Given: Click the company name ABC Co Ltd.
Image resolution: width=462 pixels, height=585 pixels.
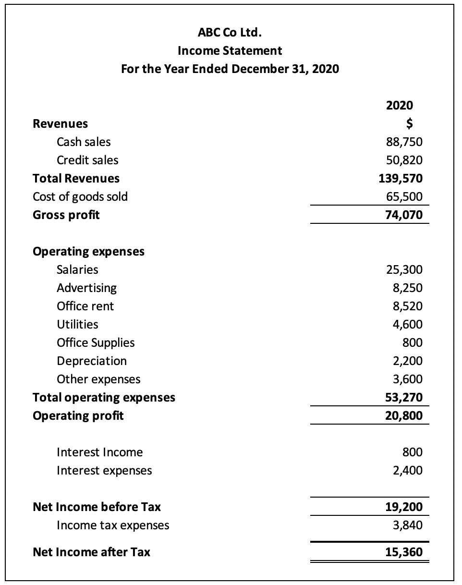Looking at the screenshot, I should tap(230, 33).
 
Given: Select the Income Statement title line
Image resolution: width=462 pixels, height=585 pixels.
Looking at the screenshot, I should tap(230, 50).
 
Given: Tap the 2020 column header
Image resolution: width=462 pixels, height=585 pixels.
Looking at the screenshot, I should tap(399, 105).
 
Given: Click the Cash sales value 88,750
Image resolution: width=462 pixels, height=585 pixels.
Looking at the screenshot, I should tap(404, 142).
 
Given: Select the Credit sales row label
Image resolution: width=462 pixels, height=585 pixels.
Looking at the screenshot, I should tap(87, 160).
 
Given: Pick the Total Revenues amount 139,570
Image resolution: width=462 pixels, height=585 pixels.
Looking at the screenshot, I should tap(401, 179).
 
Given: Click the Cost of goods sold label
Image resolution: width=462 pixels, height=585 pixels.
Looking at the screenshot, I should tap(80, 196).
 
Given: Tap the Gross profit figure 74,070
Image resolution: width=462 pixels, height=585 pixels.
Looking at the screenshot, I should tap(404, 215).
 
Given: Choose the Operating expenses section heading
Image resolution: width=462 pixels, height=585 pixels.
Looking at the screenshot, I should tap(88, 252).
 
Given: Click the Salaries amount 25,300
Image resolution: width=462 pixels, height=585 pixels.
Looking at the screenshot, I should tap(404, 270).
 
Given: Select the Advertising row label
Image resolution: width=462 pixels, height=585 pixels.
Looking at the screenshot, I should tap(86, 288).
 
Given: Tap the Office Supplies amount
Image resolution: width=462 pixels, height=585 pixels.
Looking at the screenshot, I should tap(413, 343).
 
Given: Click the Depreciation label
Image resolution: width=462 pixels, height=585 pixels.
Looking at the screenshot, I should tap(92, 361).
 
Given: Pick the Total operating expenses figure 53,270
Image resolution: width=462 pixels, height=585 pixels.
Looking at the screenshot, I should tap(404, 398).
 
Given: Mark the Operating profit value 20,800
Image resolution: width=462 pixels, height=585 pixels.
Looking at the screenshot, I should tap(404, 416).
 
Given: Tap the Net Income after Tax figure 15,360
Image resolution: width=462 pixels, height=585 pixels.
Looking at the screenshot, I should tap(404, 552).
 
